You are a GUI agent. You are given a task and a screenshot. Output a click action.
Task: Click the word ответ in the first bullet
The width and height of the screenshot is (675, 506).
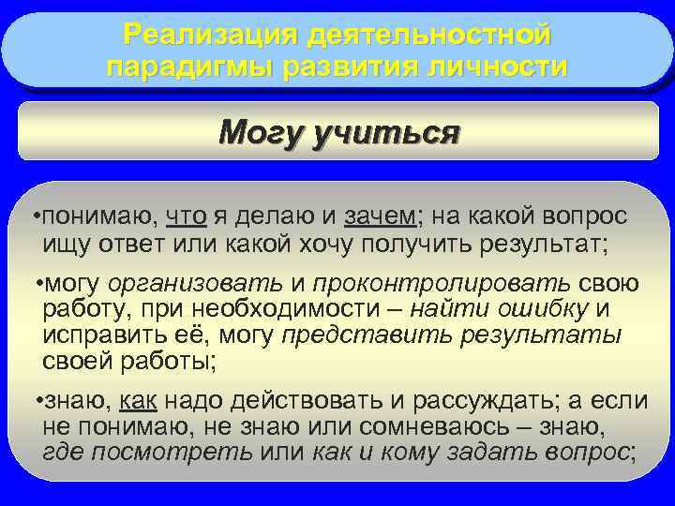coord(124,246)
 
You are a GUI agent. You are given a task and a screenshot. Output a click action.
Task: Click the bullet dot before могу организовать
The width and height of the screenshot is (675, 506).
coord(36,284)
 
